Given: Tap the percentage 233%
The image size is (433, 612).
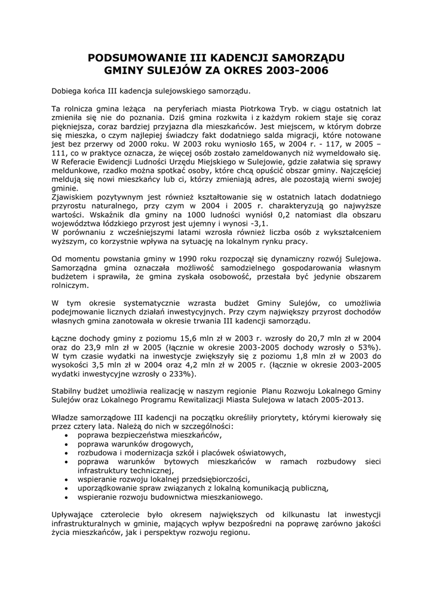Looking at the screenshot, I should (x=179, y=374).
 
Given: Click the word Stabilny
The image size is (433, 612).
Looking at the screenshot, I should (x=69, y=391).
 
